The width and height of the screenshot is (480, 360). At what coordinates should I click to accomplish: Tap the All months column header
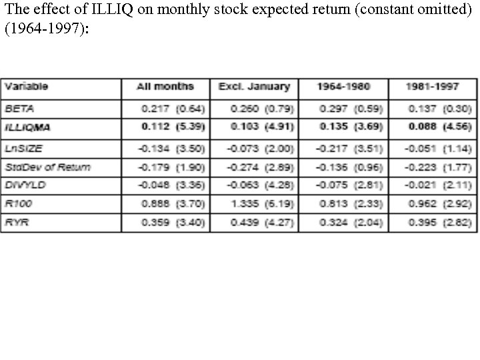pyautogui.click(x=165, y=87)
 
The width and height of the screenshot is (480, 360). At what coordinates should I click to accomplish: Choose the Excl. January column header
pyautogui.click(x=254, y=87)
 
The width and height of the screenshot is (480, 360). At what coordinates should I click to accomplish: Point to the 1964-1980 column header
pyautogui.click(x=343, y=87)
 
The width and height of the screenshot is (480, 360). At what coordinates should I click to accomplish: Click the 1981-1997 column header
pyautogui.click(x=433, y=87)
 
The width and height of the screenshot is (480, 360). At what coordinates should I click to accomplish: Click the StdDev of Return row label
pyautogui.click(x=47, y=166)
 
